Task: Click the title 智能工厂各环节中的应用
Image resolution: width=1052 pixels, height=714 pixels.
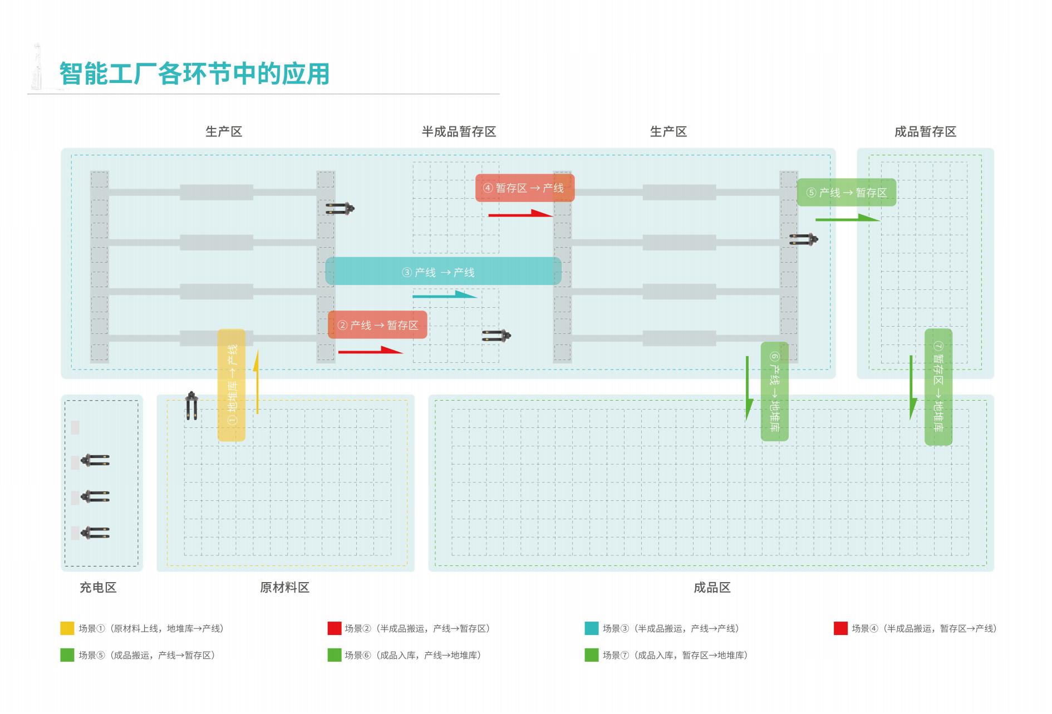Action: [x=194, y=74]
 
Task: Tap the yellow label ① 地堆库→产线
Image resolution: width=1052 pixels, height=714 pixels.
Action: [x=232, y=385]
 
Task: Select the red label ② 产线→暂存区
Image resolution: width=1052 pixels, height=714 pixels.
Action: [x=377, y=325]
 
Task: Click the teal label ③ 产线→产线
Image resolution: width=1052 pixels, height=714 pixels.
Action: [x=443, y=272]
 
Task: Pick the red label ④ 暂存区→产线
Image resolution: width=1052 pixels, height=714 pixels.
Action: [x=524, y=188]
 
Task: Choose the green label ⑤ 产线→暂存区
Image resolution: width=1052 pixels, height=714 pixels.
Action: [x=846, y=193]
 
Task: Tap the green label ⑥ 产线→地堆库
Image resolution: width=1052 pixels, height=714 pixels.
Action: [x=774, y=391]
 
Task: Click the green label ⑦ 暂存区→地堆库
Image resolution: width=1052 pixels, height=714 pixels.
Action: [x=938, y=387]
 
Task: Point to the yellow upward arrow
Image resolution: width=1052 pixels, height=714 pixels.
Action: [x=256, y=382]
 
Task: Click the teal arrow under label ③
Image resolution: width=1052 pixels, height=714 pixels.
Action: [x=444, y=294]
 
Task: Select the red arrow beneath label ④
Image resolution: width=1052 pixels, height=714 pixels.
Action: [x=520, y=213]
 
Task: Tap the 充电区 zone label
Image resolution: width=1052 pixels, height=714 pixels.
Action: [x=98, y=588]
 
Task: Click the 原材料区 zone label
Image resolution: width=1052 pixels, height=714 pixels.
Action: [x=284, y=588]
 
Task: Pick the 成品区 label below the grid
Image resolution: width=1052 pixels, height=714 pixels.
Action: [x=711, y=588]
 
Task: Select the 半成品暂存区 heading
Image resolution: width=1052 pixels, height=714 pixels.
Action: [x=459, y=132]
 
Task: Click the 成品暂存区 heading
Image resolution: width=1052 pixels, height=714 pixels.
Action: [x=925, y=132]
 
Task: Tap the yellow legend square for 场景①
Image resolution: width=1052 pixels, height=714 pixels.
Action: [x=67, y=628]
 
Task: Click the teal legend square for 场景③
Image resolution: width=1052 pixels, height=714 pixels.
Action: [x=591, y=628]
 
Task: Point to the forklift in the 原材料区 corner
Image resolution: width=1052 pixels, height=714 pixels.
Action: [x=191, y=406]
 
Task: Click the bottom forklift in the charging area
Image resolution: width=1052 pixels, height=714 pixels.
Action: [x=95, y=533]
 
